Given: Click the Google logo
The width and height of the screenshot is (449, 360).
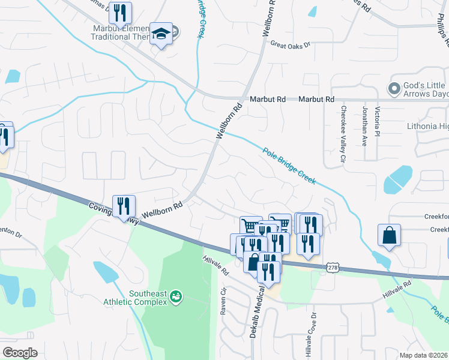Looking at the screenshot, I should point(20,353).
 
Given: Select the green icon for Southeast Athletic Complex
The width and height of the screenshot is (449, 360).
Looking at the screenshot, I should point(176,296).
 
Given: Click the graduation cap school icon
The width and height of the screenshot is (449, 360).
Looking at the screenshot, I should point(161,34).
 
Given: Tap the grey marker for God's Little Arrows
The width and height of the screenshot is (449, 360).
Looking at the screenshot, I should point(394,89).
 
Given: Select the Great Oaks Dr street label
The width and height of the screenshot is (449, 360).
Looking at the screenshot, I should point(290,44).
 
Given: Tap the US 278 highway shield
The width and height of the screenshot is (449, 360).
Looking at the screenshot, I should point(334,266).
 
